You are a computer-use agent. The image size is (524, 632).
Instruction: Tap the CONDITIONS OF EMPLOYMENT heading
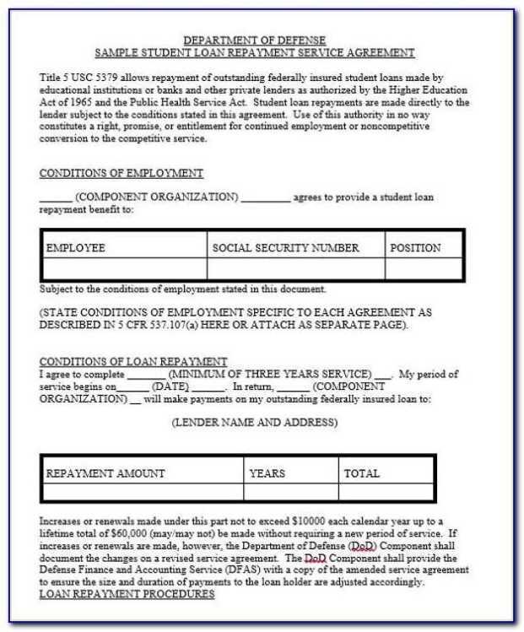click(x=122, y=174)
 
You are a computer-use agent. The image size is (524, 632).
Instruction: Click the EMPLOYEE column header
click(x=76, y=248)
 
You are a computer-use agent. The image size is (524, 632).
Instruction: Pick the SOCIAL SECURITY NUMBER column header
click(x=285, y=248)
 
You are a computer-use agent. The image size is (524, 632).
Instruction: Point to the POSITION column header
click(x=415, y=248)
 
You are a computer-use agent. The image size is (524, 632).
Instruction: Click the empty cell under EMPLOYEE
click(x=123, y=268)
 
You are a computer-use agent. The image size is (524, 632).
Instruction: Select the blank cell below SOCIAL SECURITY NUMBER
click(x=295, y=268)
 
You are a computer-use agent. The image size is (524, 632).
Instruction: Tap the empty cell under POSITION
click(x=424, y=268)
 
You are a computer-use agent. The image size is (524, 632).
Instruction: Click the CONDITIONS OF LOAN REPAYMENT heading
click(x=133, y=362)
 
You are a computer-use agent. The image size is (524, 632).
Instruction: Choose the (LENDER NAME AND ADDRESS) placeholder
click(x=254, y=422)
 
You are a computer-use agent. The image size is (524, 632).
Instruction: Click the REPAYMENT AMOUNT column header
click(x=105, y=473)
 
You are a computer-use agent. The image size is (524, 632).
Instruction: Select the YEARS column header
click(x=267, y=473)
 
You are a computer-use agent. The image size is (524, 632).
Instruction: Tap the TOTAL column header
click(x=362, y=473)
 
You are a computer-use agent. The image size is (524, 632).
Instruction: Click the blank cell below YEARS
click(x=290, y=492)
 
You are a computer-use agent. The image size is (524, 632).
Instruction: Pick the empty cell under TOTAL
click(x=386, y=492)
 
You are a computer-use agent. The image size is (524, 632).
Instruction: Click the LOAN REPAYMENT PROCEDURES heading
click(x=127, y=594)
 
